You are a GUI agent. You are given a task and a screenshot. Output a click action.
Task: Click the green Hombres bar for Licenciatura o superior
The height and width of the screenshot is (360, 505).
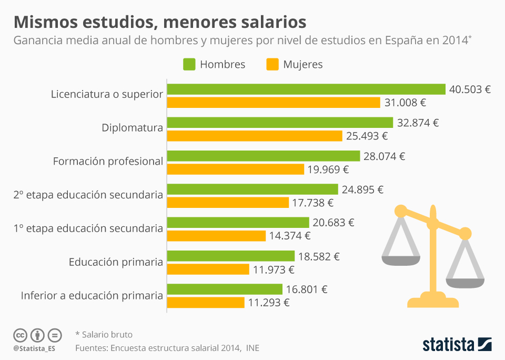coord(306,89)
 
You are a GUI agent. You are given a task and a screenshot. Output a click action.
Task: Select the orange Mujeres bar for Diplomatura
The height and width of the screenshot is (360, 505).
coord(255,136)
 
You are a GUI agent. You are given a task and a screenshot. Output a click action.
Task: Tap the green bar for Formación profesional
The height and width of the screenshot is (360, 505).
coord(263,156)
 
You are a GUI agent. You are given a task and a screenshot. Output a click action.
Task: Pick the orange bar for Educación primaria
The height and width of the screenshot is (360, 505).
coord(208,269)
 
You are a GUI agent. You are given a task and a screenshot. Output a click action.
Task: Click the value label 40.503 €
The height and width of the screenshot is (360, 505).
coord(470,89)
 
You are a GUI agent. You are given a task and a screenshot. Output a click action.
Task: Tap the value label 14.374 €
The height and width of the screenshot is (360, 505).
coord(290,236)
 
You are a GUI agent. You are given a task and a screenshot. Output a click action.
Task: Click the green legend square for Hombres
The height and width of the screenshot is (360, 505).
coord(189,64)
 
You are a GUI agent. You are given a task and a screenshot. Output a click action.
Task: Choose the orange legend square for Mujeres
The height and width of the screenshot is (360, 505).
coord(272,64)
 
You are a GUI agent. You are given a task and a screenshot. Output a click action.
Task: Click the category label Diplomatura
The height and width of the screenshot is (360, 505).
coord(132,127)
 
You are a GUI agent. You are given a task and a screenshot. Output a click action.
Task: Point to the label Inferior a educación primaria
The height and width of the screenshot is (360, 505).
coord(92,296)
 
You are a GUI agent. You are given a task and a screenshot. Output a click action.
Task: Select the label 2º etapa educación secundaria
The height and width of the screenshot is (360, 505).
coord(88,195)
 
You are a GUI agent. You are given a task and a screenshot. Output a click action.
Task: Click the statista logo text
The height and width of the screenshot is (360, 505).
coord(448,345)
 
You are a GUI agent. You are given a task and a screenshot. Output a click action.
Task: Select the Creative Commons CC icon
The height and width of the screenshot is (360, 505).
coord(21,335)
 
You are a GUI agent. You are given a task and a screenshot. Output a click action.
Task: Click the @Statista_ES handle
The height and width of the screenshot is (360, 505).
coord(35,348)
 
